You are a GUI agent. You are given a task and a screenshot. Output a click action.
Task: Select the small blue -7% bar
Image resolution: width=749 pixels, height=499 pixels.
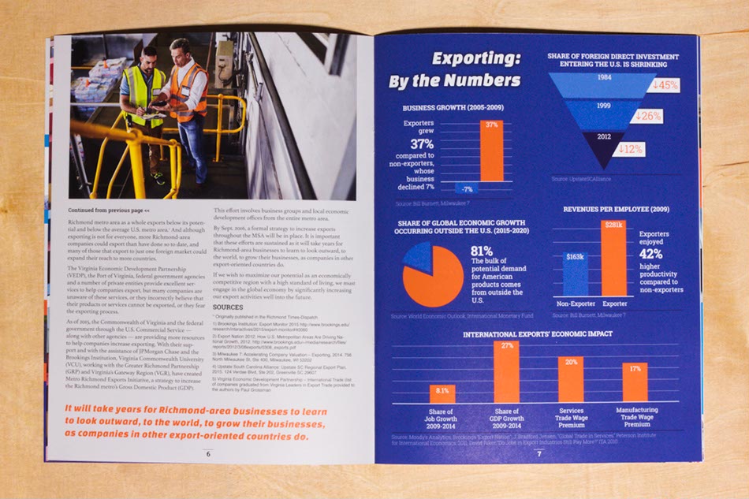(467, 189)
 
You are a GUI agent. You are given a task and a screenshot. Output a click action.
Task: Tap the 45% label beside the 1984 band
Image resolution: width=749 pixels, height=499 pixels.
(665, 85)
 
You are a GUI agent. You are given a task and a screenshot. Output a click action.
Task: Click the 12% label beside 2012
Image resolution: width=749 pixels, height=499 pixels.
(631, 149)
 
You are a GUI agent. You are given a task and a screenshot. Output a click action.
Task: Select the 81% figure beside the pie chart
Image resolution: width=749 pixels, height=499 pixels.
(481, 251)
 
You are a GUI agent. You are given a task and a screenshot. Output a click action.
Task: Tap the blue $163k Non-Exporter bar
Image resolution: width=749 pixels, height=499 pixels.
(576, 274)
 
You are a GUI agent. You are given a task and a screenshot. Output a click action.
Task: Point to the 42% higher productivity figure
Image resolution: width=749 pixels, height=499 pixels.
(650, 255)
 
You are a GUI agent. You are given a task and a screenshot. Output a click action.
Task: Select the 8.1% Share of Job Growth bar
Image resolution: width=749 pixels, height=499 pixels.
(442, 393)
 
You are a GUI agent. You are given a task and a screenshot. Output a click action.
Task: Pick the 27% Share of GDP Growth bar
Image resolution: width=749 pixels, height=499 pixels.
(506, 372)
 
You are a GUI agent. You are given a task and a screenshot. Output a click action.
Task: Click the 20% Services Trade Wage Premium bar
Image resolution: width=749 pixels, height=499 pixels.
(571, 379)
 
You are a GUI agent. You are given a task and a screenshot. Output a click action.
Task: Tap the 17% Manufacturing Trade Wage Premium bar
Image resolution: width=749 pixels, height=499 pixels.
(635, 382)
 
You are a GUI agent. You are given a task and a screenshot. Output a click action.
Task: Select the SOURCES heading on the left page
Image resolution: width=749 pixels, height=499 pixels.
(228, 307)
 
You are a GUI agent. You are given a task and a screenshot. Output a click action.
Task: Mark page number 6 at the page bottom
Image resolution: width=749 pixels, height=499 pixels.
(208, 453)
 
